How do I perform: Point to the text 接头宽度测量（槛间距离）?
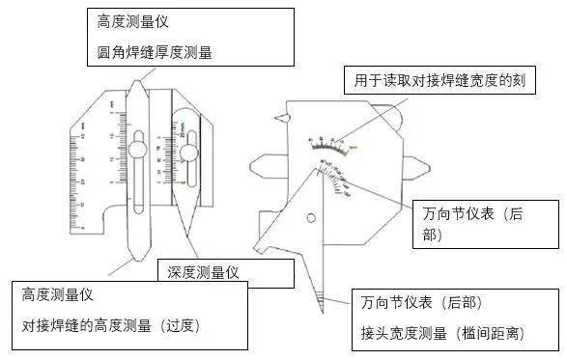(440, 333)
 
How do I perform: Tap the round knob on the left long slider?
(139, 150)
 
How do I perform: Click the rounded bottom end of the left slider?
(137, 253)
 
